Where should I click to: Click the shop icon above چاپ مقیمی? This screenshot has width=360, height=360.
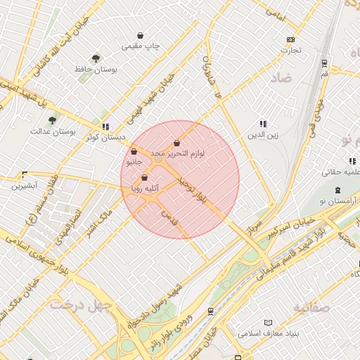click(x=141, y=34)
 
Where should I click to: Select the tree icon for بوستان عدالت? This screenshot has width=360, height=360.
click(x=53, y=120)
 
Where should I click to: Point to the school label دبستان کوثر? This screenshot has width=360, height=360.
click(x=105, y=138)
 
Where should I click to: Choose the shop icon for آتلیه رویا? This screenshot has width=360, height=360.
click(x=144, y=178)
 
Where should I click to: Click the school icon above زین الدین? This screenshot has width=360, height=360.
click(x=263, y=124)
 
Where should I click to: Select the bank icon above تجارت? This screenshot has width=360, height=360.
click(x=290, y=39)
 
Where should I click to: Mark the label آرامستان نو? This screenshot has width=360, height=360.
click(x=335, y=202)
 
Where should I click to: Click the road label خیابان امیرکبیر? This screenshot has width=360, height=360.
click(x=298, y=225)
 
